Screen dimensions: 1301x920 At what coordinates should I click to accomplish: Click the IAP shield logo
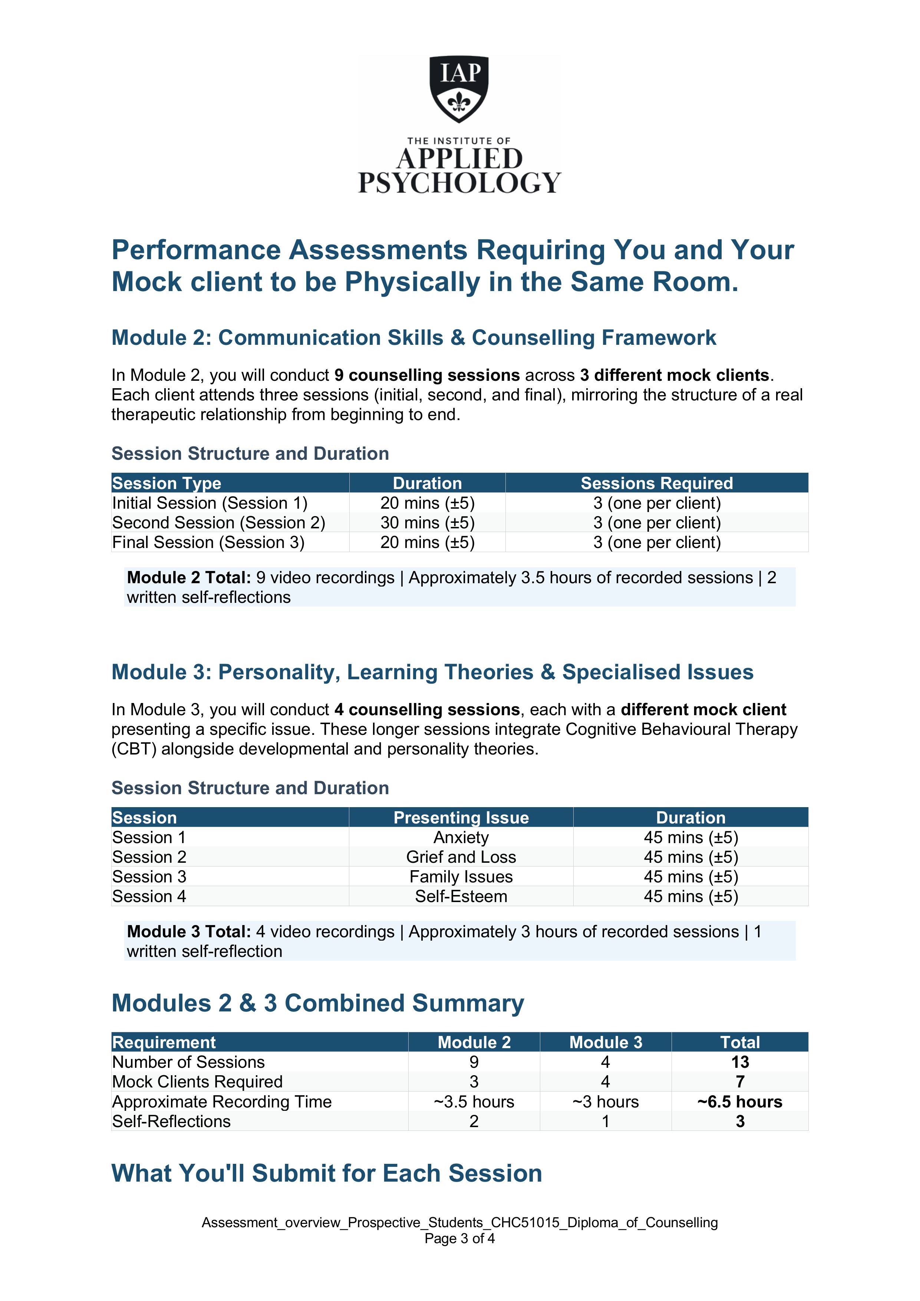(x=459, y=88)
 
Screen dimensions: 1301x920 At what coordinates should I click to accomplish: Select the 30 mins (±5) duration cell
(x=428, y=522)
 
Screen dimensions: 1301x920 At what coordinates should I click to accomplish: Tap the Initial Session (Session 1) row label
(x=210, y=503)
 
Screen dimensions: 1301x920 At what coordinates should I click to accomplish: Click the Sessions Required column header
(x=656, y=483)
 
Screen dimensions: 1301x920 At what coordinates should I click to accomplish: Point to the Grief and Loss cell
(x=461, y=857)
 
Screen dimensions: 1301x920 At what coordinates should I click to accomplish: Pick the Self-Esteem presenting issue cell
(x=461, y=896)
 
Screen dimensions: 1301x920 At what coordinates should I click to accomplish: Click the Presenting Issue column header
(x=461, y=818)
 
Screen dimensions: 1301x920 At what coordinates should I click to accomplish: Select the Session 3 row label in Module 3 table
(x=149, y=876)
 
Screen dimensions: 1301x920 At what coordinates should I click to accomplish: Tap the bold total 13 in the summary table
(x=740, y=1062)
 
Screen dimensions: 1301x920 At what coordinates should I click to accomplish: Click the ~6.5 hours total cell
(x=740, y=1102)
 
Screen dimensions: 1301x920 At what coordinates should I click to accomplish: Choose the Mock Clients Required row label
(x=197, y=1082)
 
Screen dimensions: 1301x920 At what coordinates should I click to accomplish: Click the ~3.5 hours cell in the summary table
(x=474, y=1102)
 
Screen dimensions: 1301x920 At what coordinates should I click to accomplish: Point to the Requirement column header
(x=164, y=1043)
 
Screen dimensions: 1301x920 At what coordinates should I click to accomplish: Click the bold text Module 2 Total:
(x=189, y=577)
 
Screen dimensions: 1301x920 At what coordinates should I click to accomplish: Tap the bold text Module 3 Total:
(x=189, y=932)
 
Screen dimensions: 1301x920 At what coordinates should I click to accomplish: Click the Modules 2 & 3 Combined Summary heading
(x=317, y=1003)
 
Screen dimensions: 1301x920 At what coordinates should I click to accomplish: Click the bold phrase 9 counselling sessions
(x=427, y=375)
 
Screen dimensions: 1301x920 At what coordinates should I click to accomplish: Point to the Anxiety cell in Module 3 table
(x=461, y=838)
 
